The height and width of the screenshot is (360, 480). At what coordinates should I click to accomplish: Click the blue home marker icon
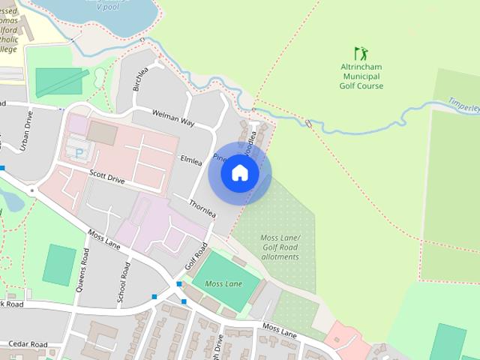coord(240,173)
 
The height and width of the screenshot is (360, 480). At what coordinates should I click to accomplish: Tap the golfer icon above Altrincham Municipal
coord(361,53)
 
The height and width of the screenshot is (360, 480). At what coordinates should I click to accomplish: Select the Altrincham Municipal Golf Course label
coord(361,76)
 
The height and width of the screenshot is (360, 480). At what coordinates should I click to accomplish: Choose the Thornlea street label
coord(202,208)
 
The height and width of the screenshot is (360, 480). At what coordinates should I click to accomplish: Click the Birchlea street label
coord(140,78)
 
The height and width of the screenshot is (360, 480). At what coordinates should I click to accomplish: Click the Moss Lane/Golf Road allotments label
coord(279,247)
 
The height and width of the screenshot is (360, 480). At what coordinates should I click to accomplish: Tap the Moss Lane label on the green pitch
coord(223,284)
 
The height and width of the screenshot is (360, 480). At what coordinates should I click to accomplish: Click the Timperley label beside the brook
coord(463,105)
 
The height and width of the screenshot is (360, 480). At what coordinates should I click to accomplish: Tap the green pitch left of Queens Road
coord(59,265)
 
